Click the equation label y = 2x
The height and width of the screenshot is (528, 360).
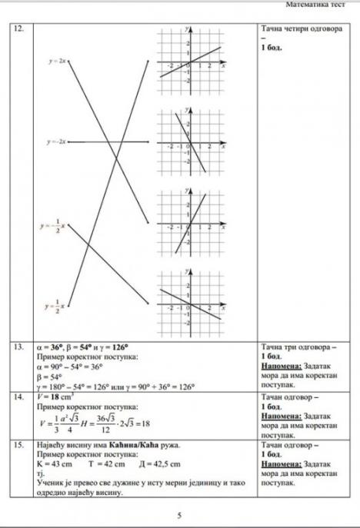tap(57, 60)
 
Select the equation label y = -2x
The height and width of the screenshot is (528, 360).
tap(56, 142)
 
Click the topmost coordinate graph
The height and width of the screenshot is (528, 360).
tap(189, 62)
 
